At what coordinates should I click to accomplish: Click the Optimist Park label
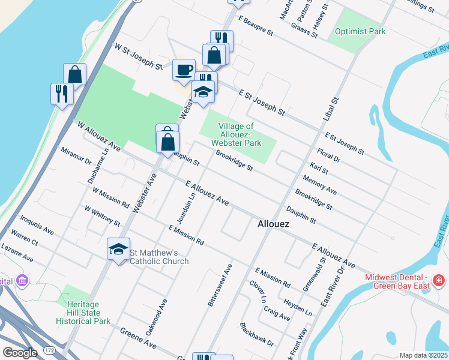(x=360, y=31)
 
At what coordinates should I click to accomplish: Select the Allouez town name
(x=273, y=224)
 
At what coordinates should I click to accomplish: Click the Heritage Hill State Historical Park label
(x=83, y=313)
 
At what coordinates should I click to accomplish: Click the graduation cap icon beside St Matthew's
(x=118, y=248)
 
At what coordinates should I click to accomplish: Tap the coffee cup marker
(x=184, y=69)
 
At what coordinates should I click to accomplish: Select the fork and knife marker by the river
(x=62, y=94)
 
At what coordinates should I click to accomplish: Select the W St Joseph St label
(x=138, y=56)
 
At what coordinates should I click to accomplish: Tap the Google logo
(x=20, y=353)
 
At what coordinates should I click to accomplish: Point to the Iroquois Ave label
(x=37, y=223)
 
